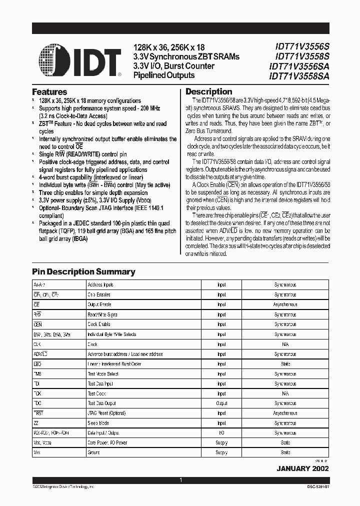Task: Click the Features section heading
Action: tap(49, 92)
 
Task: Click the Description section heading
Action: tap(208, 91)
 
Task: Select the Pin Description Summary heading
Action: tap(83, 271)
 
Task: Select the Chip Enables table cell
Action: tap(99, 295)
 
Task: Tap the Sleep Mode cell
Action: tap(99, 423)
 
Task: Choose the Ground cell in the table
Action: tap(94, 452)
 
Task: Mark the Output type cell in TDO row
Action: tap(221, 403)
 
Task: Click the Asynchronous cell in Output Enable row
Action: tap(285, 304)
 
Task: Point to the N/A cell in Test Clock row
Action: tap(285, 393)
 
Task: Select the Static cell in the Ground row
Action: tap(285, 452)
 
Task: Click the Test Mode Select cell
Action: tap(103, 374)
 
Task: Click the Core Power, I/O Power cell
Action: tap(107, 442)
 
